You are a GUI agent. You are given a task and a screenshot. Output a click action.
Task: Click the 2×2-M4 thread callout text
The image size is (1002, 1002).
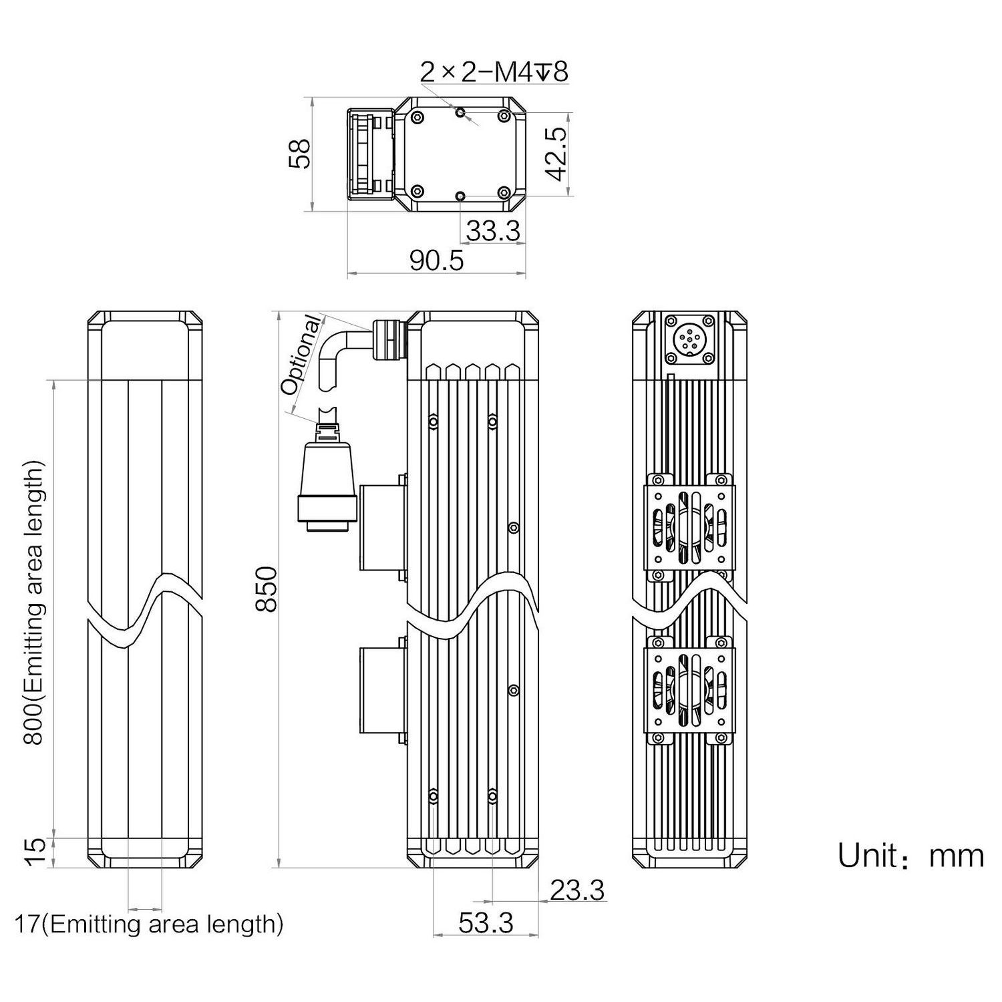tap(494, 72)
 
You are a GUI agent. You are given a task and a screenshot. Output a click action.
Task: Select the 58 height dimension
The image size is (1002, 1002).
tap(302, 154)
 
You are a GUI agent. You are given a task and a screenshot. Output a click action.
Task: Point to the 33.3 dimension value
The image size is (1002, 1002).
tap(492, 231)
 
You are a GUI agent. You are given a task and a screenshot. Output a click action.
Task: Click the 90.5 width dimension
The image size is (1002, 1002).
tap(436, 261)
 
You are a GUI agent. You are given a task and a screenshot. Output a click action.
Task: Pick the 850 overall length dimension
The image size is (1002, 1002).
tap(267, 588)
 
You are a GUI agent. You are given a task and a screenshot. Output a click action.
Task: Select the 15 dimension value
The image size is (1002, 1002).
tap(37, 852)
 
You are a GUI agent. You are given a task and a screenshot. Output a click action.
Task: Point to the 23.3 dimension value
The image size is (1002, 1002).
tap(577, 890)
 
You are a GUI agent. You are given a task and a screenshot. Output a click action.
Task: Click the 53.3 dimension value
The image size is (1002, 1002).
tap(486, 923)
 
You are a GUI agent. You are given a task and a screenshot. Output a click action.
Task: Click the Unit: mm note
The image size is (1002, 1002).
tap(910, 856)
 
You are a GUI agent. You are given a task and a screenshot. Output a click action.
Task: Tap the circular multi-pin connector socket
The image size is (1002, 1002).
tap(689, 339)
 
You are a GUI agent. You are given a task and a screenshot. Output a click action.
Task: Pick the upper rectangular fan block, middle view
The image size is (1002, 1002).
tap(382, 528)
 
